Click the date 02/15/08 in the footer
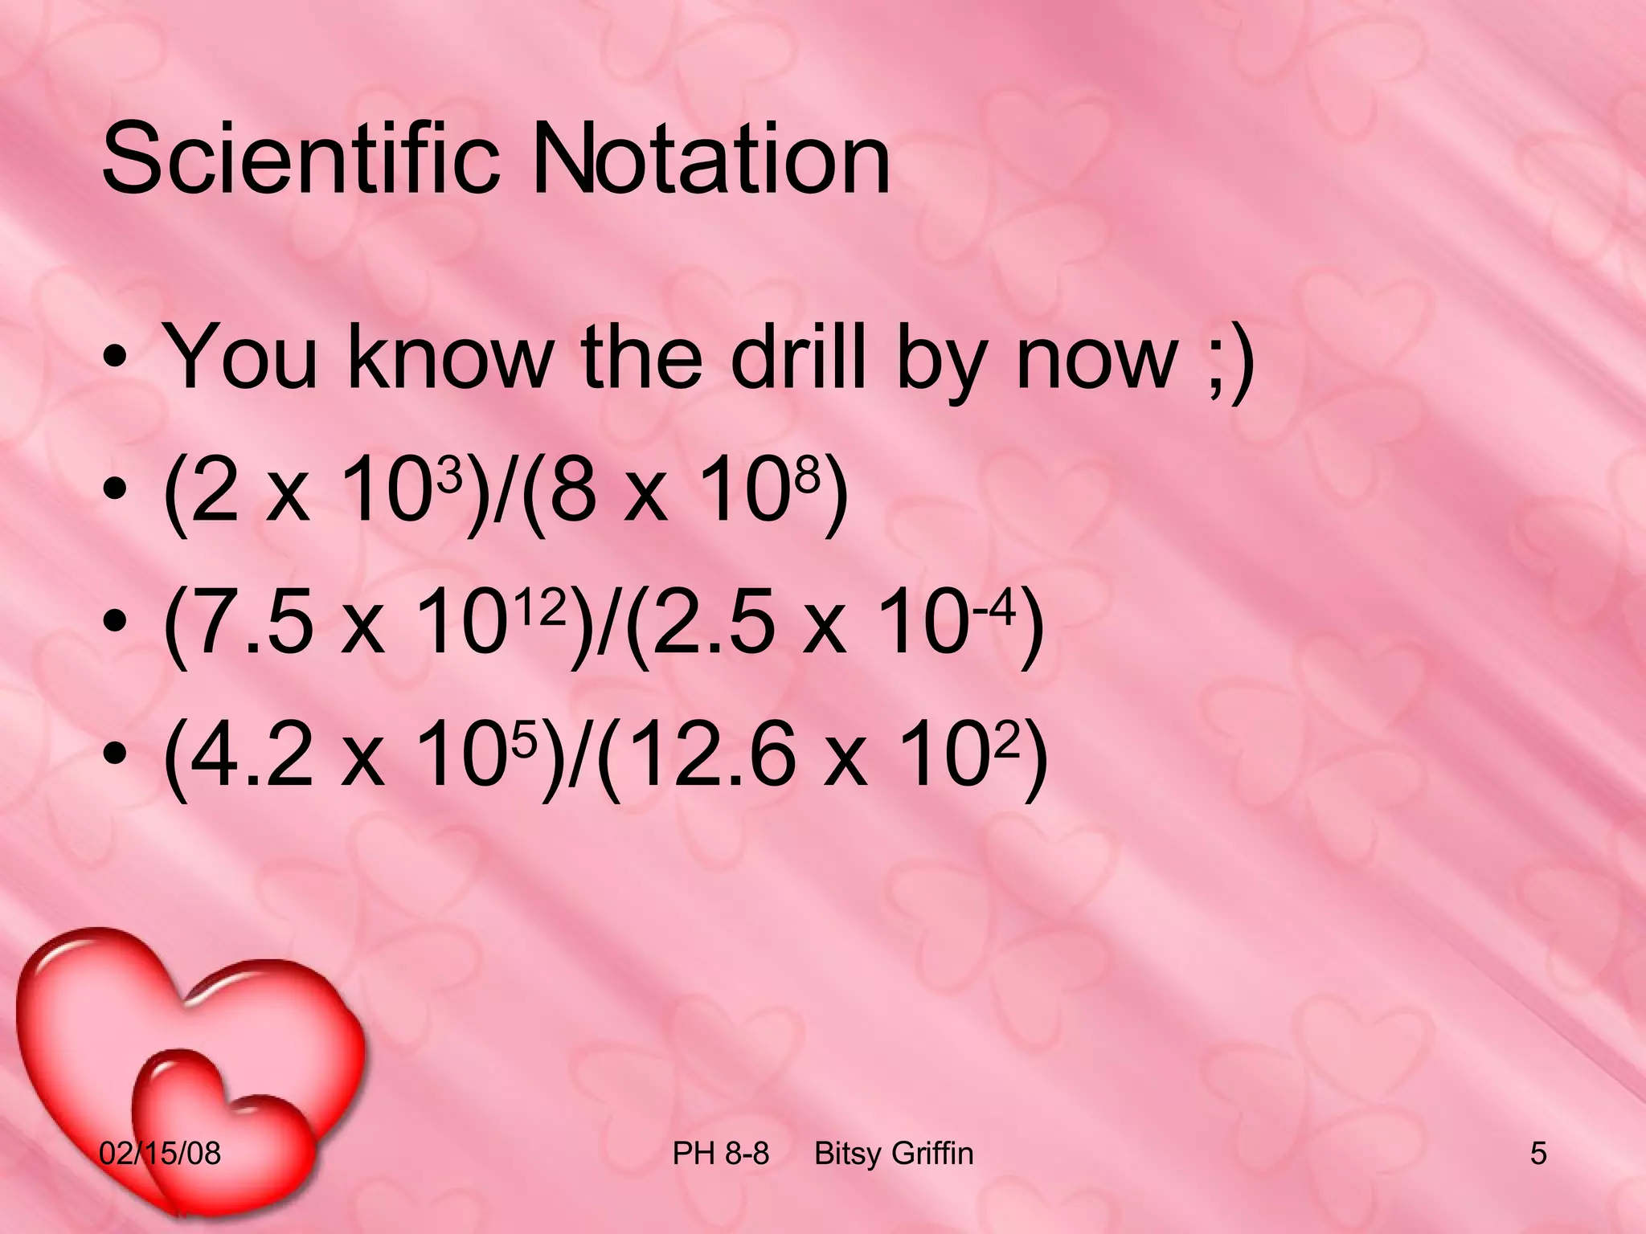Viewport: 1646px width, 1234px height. [x=160, y=1154]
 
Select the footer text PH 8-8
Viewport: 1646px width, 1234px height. [x=720, y=1154]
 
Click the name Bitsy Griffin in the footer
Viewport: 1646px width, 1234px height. [x=894, y=1154]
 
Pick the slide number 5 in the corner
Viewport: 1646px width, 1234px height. [x=1538, y=1154]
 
